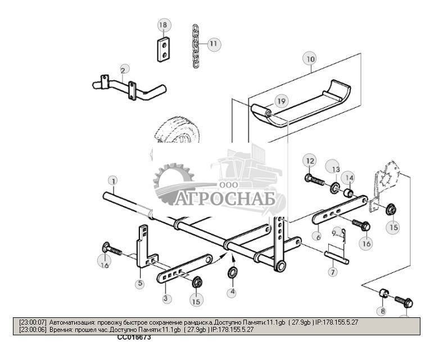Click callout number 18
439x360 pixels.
[163, 25]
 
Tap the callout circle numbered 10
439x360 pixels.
[310, 58]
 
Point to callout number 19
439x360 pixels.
[281, 102]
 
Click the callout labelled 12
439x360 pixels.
[310, 161]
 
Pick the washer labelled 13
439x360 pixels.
[334, 187]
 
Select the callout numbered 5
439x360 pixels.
[139, 284]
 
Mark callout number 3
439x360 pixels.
[166, 298]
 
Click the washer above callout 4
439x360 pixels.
[231, 273]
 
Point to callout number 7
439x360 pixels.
[333, 272]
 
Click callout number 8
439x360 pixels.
[383, 311]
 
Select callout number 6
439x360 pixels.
[318, 236]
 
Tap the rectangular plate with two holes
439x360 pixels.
[163, 49]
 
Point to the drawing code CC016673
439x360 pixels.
[134, 338]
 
